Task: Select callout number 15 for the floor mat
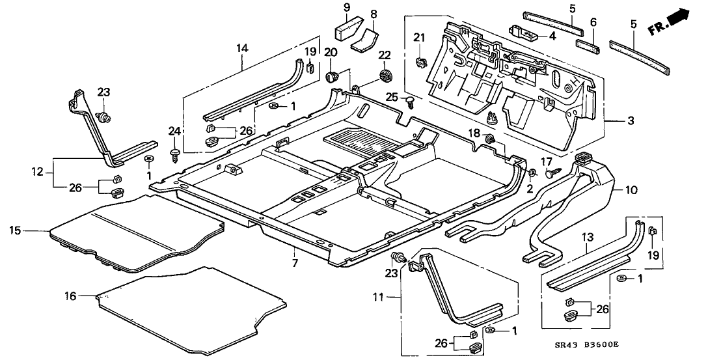[x=16, y=230]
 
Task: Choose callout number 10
[x=631, y=190]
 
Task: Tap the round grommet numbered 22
[x=385, y=75]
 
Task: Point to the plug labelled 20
[x=333, y=77]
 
